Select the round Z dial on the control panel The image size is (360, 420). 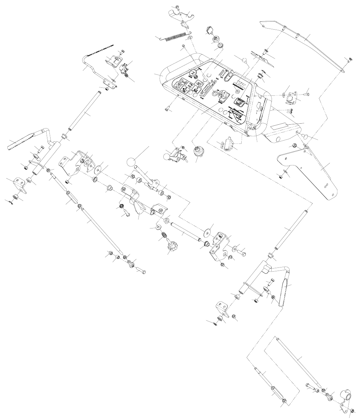193,72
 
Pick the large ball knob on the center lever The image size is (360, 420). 131,162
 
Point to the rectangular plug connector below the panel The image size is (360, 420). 228,143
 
